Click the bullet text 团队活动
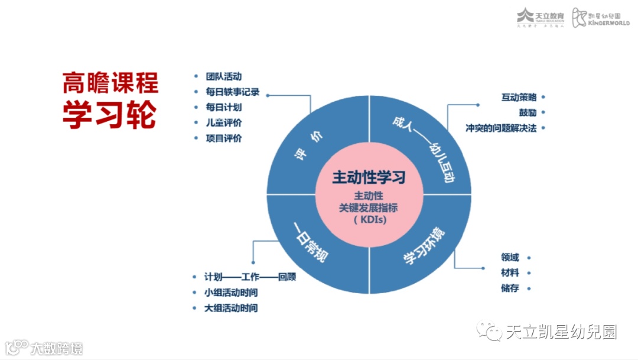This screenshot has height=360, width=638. (223, 76)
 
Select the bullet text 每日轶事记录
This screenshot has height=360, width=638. (232, 92)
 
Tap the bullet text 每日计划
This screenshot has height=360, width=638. (223, 108)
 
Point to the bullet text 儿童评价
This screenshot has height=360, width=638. (223, 123)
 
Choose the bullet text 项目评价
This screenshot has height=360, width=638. (223, 138)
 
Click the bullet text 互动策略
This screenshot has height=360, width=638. (519, 97)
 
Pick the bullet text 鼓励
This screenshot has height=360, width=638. (528, 112)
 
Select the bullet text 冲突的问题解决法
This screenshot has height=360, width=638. (501, 128)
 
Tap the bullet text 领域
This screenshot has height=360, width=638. (510, 258)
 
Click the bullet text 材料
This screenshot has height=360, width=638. (510, 273)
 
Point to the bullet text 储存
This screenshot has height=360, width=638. (510, 288)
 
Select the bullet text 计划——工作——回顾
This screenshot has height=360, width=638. (250, 277)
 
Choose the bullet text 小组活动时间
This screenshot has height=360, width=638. (231, 292)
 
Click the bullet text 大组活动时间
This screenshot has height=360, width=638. (231, 308)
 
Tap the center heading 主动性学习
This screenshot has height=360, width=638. (369, 177)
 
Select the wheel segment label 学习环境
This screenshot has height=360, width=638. (424, 247)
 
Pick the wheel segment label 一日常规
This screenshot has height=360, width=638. (311, 243)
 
